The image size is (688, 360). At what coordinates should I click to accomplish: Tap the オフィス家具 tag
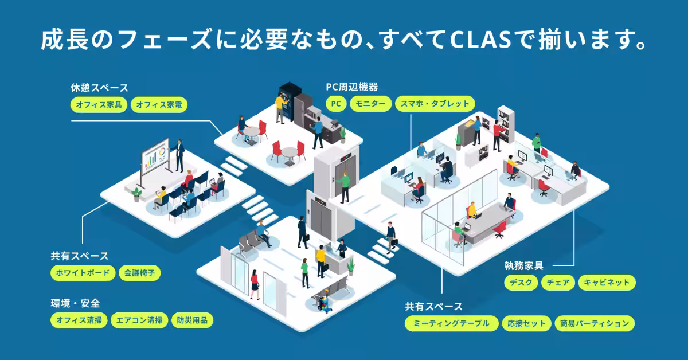pos(99,105)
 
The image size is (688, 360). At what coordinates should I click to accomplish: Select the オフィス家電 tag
pos(159,105)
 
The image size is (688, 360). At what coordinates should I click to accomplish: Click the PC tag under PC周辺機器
pos(336,104)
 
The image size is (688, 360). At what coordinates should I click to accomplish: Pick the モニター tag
pos(370,104)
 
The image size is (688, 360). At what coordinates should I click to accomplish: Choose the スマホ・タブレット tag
pos(435,104)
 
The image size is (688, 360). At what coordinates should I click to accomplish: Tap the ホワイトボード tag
pos(83,273)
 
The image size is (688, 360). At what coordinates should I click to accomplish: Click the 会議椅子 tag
pos(139,273)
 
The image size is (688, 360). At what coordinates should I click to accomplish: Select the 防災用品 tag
pos(192,320)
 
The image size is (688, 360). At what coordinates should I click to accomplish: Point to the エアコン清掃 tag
pos(139,320)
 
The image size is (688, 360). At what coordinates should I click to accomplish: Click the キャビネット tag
pos(607,283)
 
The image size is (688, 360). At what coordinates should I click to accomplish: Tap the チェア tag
pos(558,283)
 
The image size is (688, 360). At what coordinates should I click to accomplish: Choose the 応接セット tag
pos(526,323)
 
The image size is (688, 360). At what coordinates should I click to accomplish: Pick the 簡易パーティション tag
pos(595,323)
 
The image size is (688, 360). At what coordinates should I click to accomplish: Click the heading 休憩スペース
pos(99,88)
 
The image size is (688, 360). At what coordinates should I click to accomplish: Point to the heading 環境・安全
pos(75,303)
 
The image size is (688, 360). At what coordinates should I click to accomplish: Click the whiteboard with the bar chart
pos(155,158)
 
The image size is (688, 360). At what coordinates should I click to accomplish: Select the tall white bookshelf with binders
pos(506,124)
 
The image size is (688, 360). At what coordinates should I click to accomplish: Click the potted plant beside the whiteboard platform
pos(136,195)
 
